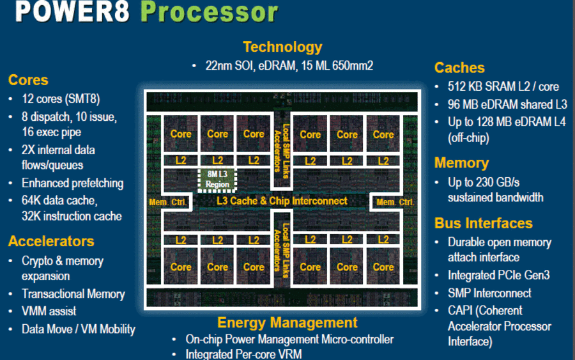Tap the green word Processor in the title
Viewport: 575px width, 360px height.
pyautogui.click(x=210, y=12)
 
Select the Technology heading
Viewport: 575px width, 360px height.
pyautogui.click(x=282, y=47)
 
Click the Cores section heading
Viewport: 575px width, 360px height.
pyautogui.click(x=28, y=80)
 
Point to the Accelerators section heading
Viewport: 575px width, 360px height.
pyautogui.click(x=51, y=241)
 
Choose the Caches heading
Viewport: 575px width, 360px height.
pyautogui.click(x=459, y=68)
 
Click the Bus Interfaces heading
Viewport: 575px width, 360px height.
pyautogui.click(x=484, y=223)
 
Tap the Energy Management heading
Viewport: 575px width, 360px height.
pyautogui.click(x=287, y=322)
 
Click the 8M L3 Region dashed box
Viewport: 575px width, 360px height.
pyautogui.click(x=217, y=180)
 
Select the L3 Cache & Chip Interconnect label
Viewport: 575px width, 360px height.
pyautogui.click(x=282, y=201)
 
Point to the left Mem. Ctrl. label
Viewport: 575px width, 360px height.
pyautogui.click(x=168, y=202)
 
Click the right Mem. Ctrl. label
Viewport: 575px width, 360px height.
pyautogui.click(x=395, y=202)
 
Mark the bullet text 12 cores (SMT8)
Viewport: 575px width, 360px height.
pyautogui.click(x=61, y=99)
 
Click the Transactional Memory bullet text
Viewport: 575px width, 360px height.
pyautogui.click(x=73, y=294)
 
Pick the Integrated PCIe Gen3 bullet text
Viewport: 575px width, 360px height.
pyautogui.click(x=499, y=275)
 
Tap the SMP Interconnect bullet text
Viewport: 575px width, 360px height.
pyautogui.click(x=489, y=293)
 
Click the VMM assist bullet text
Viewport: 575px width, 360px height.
pyautogui.click(x=49, y=311)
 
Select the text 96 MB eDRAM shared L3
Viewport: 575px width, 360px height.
pyautogui.click(x=507, y=105)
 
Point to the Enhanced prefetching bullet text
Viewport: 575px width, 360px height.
pyautogui.click(x=73, y=183)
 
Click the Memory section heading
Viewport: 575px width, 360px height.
pyautogui.click(x=462, y=163)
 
